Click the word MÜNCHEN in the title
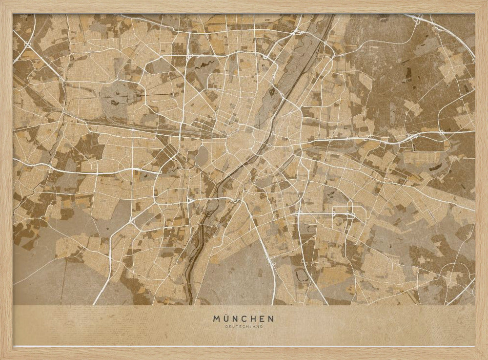pyautogui.click(x=244, y=318)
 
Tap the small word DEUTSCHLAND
pyautogui.click(x=244, y=326)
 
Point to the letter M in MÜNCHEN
pyautogui.click(x=216, y=318)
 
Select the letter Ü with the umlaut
pyautogui.click(x=226, y=318)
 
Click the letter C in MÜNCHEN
pyautogui.click(x=244, y=318)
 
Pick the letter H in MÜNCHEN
pyautogui.click(x=253, y=318)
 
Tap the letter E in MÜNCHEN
pyautogui.click(x=262, y=318)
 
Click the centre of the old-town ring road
pyautogui.click(x=240, y=142)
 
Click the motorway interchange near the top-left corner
pyautogui.click(x=27, y=44)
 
